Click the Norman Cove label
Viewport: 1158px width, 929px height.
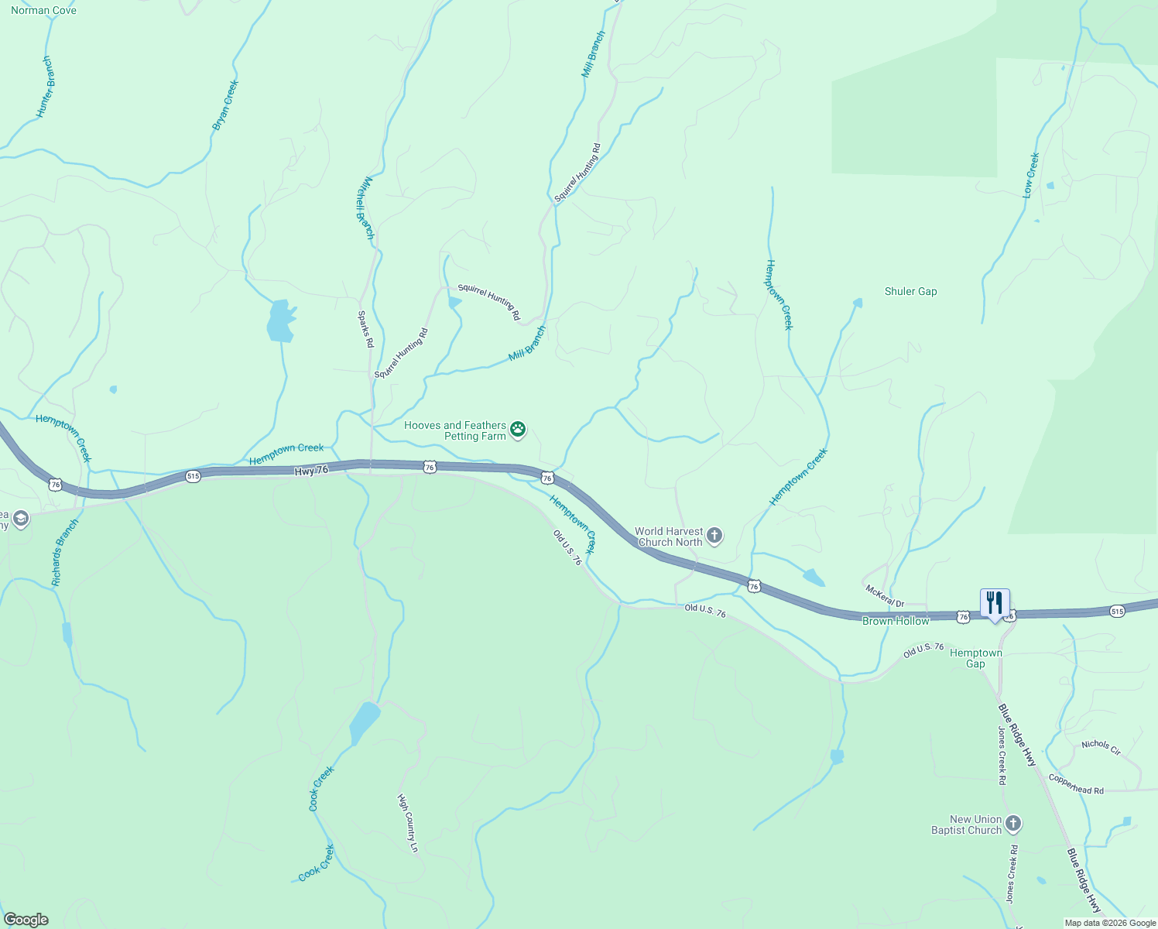(x=43, y=11)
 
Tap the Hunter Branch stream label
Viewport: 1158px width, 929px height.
(x=46, y=87)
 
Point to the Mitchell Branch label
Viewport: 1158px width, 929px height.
(x=365, y=207)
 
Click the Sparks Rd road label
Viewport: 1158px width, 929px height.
(x=365, y=329)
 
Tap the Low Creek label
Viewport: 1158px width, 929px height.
(x=1031, y=175)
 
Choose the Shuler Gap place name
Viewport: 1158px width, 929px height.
(x=910, y=292)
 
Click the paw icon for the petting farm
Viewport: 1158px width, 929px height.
(x=518, y=429)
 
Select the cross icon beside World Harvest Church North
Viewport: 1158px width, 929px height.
(x=714, y=535)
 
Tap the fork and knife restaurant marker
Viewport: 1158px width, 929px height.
(x=995, y=602)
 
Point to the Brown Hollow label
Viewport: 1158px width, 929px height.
(x=896, y=621)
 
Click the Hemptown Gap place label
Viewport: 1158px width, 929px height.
(x=975, y=658)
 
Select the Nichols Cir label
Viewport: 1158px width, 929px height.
(x=1101, y=747)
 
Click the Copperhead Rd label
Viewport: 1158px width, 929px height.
(x=1076, y=784)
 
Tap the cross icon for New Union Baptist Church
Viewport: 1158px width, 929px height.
(x=1013, y=824)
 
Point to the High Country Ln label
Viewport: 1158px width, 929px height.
(x=408, y=823)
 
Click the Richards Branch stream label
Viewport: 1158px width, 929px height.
(x=65, y=552)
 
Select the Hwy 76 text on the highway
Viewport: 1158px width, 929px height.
(x=311, y=471)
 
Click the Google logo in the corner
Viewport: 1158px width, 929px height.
(x=26, y=920)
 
